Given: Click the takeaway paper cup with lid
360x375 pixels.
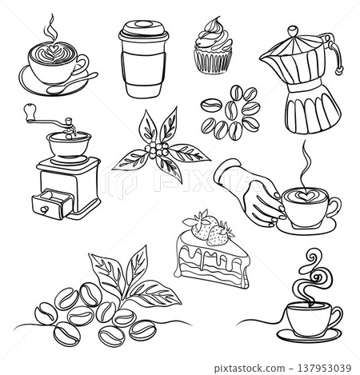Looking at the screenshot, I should pos(143,60).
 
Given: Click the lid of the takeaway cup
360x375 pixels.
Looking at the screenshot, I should pos(142,30).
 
